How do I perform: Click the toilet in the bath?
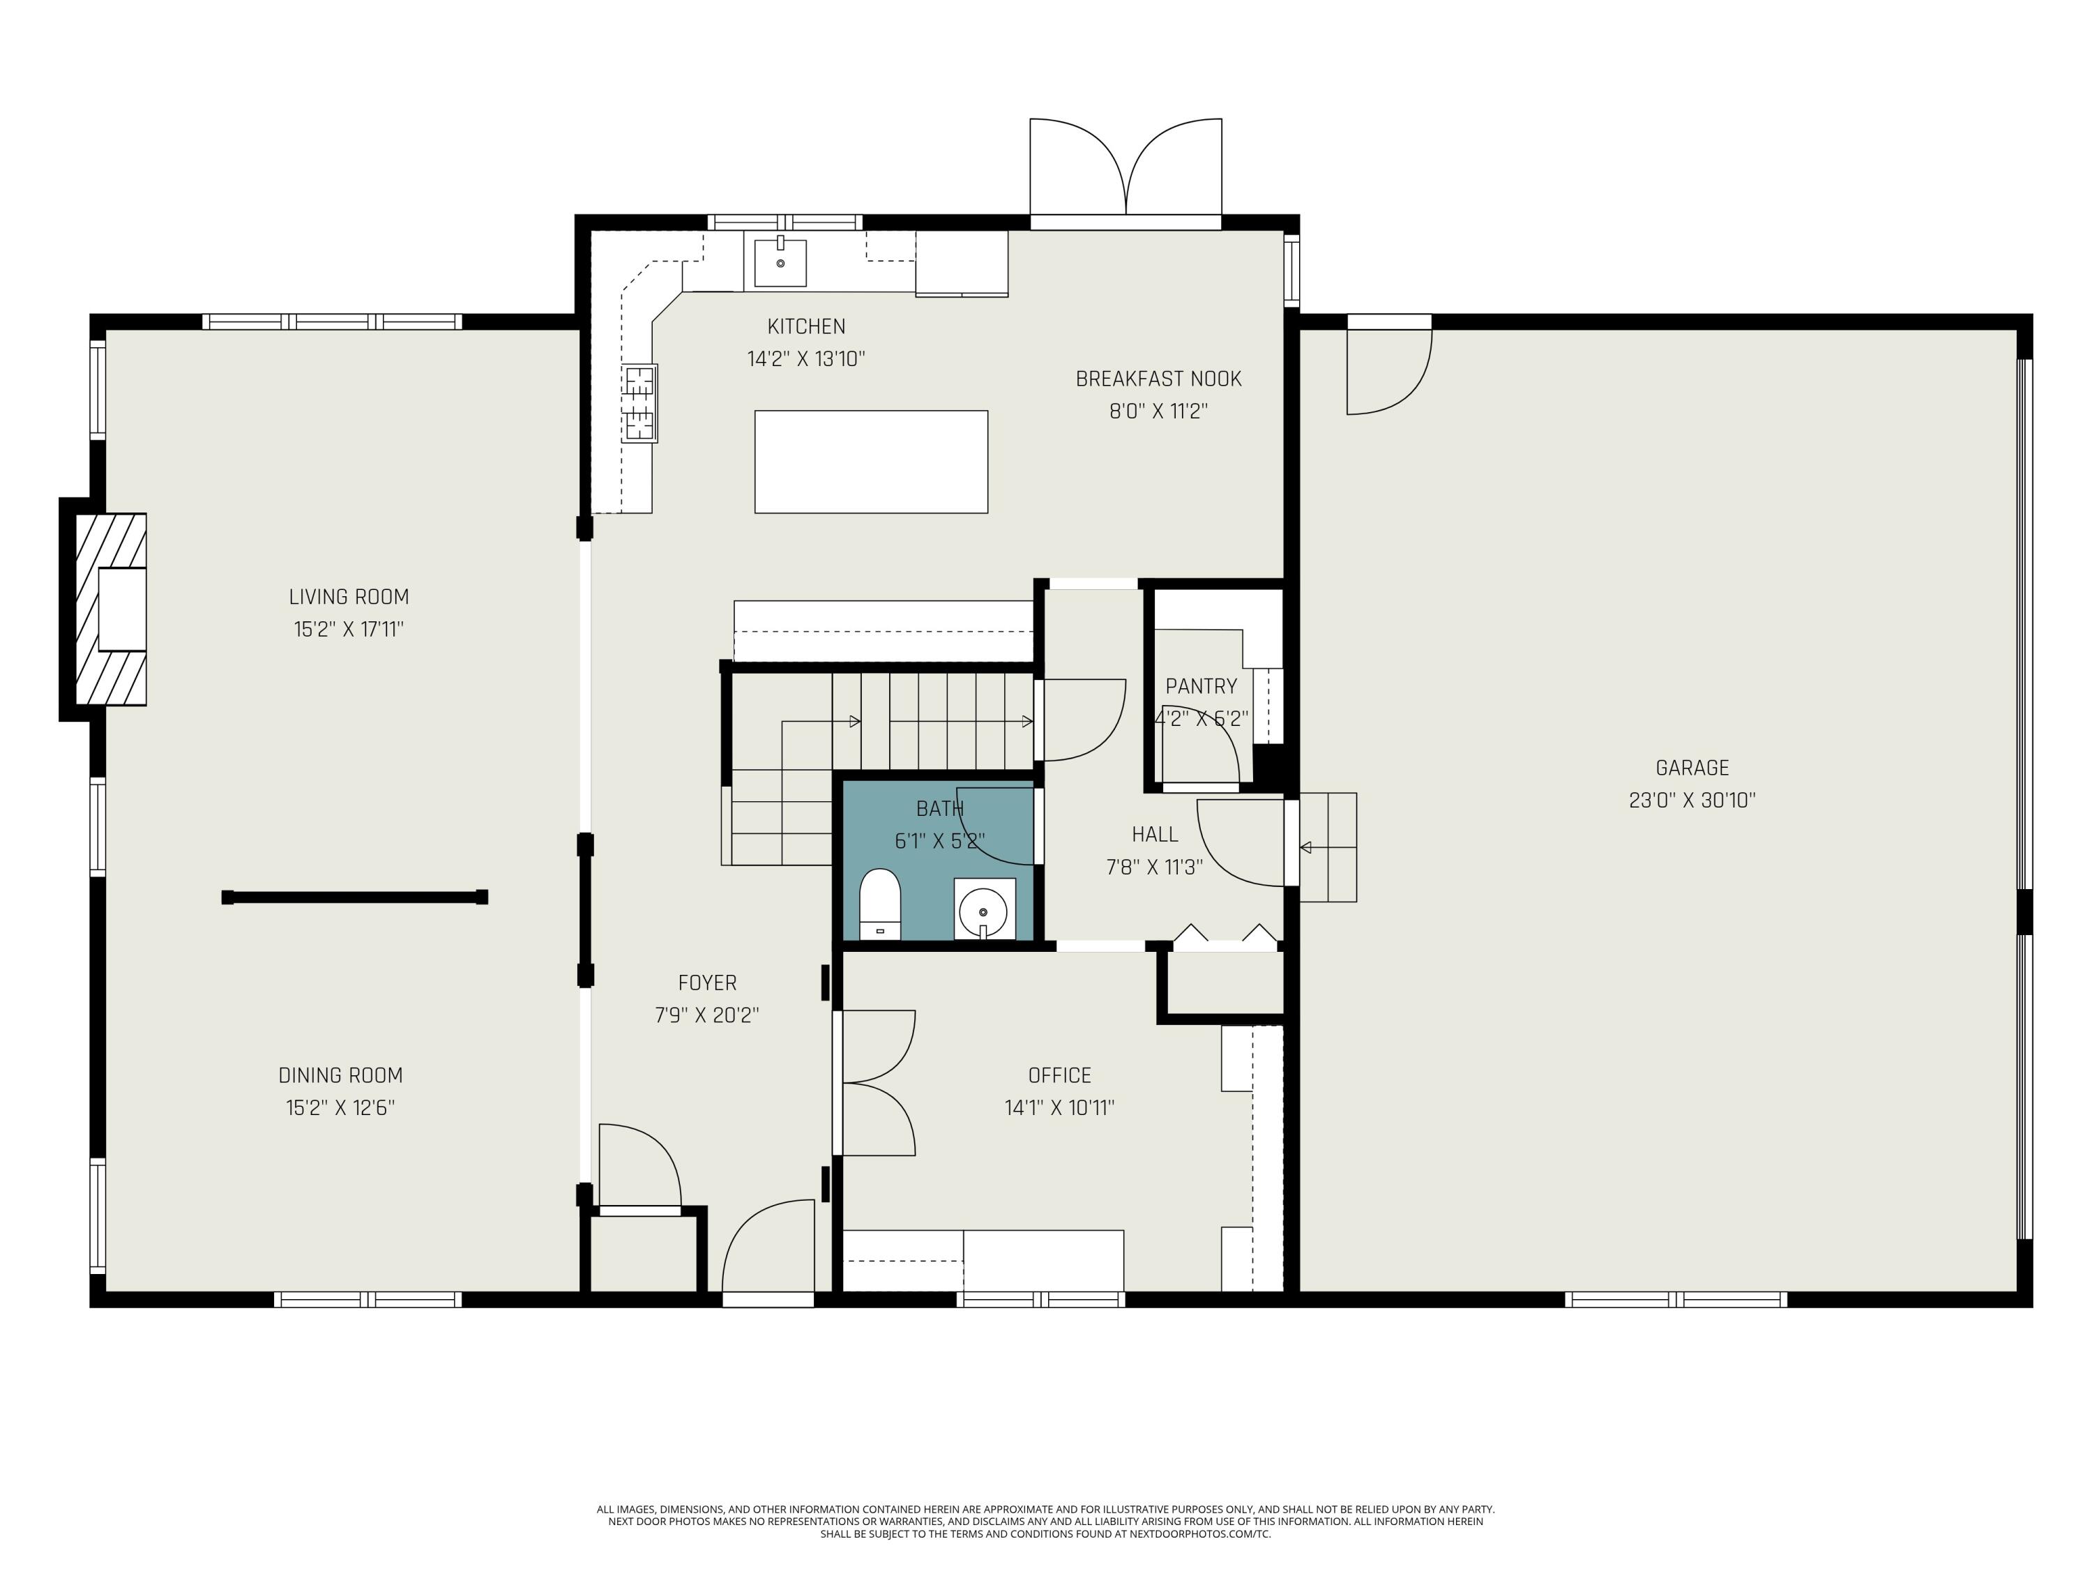point(879,904)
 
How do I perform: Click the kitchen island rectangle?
point(871,462)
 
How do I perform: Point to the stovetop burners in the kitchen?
point(639,404)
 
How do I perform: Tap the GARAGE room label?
point(1692,768)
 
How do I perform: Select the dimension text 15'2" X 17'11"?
point(349,629)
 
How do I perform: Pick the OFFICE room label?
point(1059,1075)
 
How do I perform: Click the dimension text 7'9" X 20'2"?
point(707,1015)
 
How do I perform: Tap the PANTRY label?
point(1201,687)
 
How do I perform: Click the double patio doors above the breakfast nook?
point(1125,170)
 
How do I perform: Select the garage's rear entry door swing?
point(1389,370)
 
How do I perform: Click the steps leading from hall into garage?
point(1328,847)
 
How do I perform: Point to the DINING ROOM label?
point(340,1075)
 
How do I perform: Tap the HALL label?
point(1155,834)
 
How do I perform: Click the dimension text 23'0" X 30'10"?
point(1692,800)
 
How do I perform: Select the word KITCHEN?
point(806,326)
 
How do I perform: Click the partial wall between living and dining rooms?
point(355,897)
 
